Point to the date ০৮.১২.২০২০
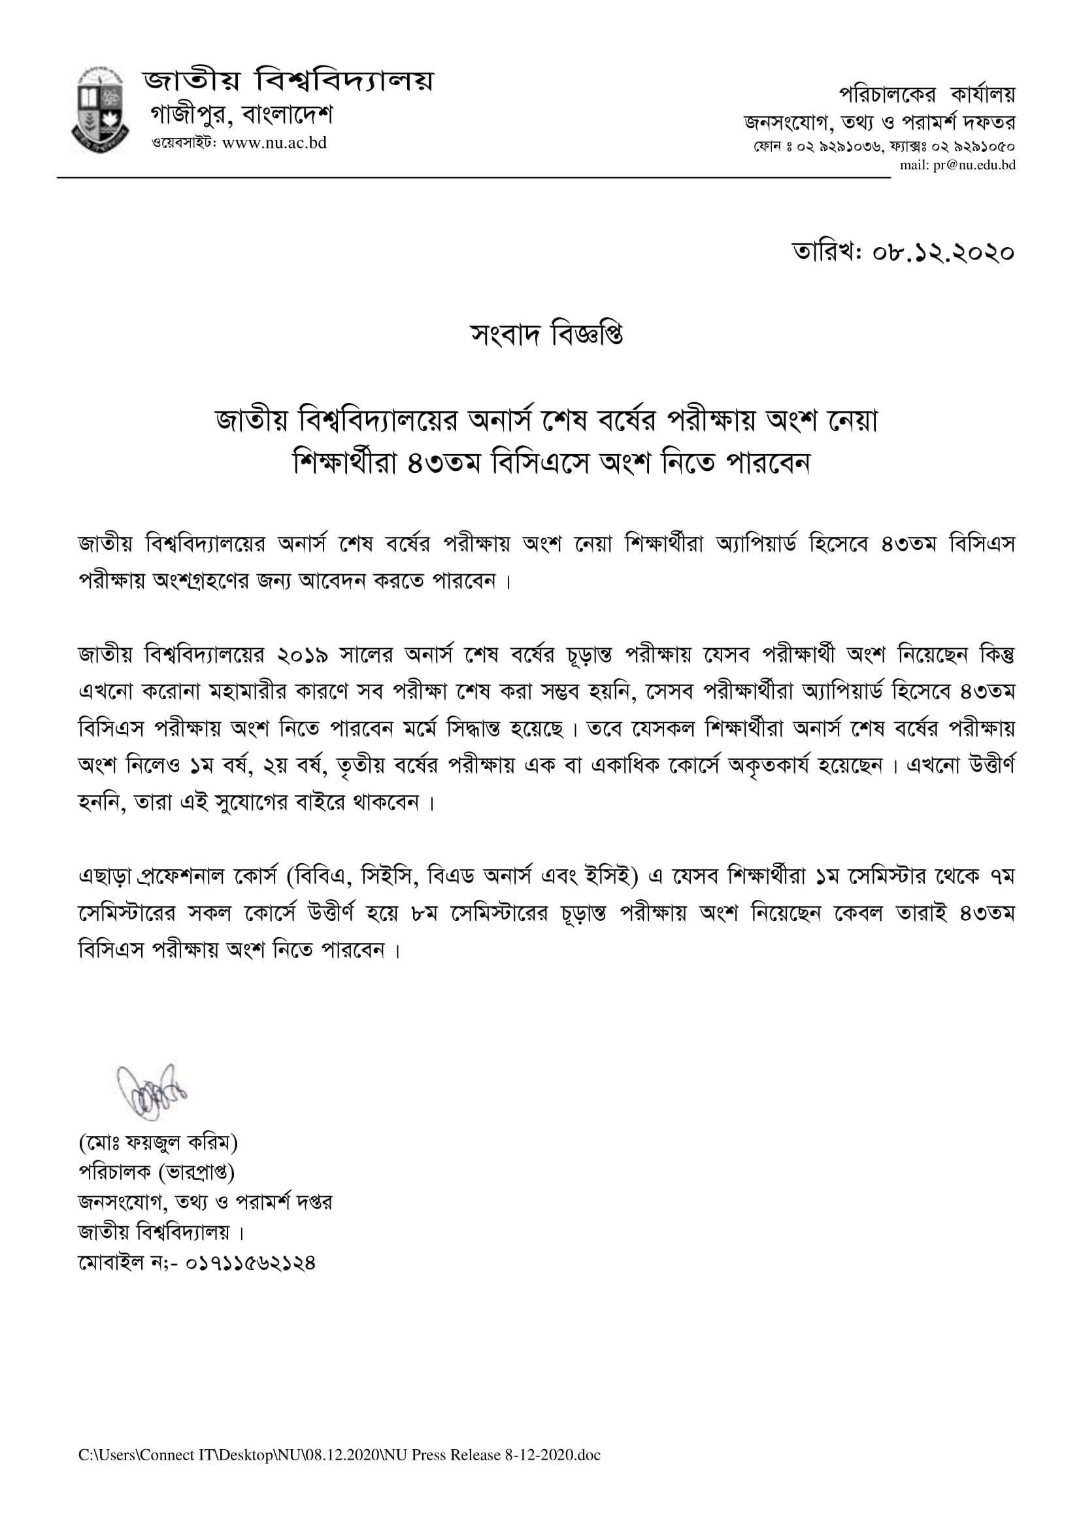943,252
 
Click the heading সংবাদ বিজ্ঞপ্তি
546,335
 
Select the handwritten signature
151,1091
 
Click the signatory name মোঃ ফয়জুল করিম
158,1142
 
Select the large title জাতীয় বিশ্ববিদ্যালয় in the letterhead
288,81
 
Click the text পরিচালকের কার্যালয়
927,95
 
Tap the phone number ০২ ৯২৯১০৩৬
838,146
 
